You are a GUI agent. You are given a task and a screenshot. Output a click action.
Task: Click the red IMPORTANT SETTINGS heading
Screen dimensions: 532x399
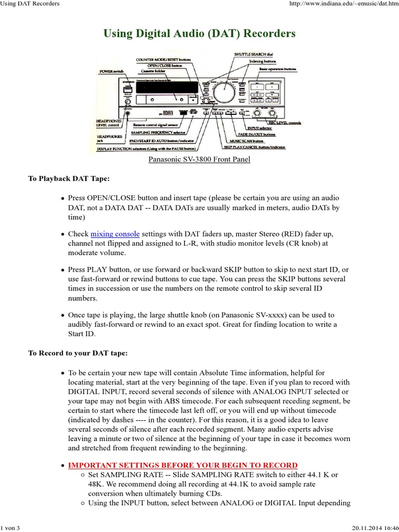[x=183, y=465]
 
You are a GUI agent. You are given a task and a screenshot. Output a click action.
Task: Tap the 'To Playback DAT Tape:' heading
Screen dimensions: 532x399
[x=69, y=179]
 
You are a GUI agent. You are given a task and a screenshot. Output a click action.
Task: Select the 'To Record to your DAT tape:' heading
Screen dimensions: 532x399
[x=77, y=353]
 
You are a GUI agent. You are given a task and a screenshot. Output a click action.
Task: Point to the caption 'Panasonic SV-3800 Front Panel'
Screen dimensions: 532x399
[x=199, y=159]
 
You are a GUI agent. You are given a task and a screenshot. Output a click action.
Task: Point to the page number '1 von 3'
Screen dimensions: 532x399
[x=11, y=528]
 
